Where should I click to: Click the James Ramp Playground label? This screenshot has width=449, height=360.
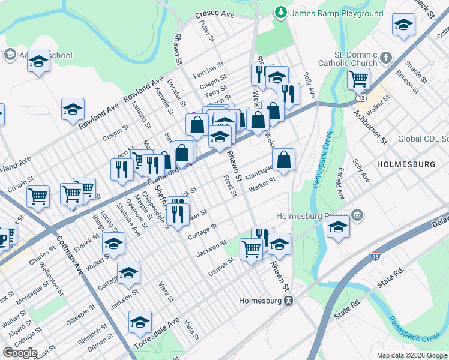point(337,13)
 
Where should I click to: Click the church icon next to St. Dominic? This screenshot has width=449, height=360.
point(385,58)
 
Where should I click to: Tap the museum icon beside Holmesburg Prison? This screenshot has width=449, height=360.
point(357,215)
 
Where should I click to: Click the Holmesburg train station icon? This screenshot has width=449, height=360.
point(289,301)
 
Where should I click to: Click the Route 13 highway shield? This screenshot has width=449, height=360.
point(360,96)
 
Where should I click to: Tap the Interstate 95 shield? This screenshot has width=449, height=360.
point(375,256)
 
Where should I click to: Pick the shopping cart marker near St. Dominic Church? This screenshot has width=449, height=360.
point(358,78)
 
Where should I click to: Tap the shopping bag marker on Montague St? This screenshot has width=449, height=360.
point(283,160)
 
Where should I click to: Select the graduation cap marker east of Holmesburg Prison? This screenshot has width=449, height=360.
point(338,227)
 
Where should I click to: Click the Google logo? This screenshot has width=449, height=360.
point(20,353)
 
